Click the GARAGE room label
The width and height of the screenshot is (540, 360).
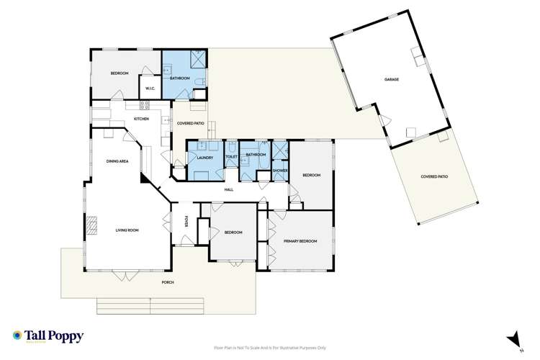click(x=392, y=79)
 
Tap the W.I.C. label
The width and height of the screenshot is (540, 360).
click(x=150, y=89)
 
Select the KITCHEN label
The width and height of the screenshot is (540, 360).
click(x=141, y=119)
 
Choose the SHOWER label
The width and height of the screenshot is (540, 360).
click(x=280, y=170)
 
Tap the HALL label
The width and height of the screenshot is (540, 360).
click(x=228, y=189)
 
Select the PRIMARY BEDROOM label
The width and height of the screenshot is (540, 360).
click(x=300, y=241)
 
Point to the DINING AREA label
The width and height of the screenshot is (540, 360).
click(x=117, y=161)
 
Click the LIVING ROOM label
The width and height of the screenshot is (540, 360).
click(x=127, y=231)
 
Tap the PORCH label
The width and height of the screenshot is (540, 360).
click(x=168, y=282)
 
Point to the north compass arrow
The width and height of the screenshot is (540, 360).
click(x=513, y=337)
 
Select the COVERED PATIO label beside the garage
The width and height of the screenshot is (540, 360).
click(x=434, y=176)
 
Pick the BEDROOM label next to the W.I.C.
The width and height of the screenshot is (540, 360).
click(x=120, y=74)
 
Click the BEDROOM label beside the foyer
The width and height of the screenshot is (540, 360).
click(x=233, y=233)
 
